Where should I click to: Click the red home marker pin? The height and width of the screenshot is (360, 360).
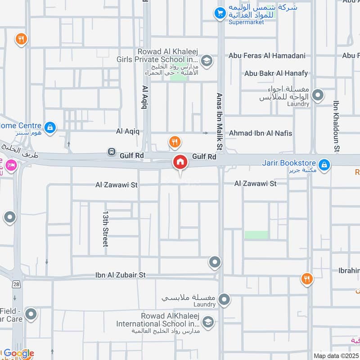point(180,162)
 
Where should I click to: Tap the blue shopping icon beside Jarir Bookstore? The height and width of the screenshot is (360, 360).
point(324,165)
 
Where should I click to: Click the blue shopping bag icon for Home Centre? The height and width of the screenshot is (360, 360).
point(50,128)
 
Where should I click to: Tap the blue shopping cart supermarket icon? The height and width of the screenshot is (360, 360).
point(220,13)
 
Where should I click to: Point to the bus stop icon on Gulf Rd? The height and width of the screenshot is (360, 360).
point(111,152)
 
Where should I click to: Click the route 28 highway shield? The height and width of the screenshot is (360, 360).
point(17,285)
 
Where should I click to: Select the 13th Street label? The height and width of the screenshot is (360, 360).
point(105,228)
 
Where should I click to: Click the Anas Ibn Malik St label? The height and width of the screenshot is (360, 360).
point(220,121)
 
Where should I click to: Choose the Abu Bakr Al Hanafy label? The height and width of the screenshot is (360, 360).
point(276,73)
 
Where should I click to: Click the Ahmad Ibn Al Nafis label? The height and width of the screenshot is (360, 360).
point(261,133)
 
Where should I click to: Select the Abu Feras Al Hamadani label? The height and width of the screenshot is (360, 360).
point(267,56)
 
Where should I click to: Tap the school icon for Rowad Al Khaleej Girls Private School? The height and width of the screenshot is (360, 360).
point(207,61)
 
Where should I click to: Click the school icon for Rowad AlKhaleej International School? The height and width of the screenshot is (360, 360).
point(207,322)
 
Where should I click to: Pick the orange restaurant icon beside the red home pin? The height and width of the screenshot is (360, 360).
point(175,143)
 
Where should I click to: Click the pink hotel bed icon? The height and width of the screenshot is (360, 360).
point(11,165)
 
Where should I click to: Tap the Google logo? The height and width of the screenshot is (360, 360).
point(18,353)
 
